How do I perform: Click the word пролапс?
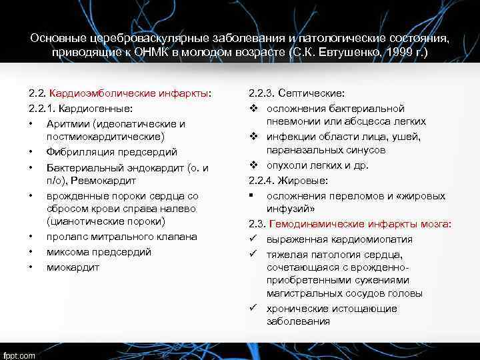pos(66,237)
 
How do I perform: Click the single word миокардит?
pos(73,267)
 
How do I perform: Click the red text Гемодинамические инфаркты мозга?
pos(357,224)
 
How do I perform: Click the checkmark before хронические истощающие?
pos(254,308)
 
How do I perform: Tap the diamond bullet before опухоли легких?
pos(254,165)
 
